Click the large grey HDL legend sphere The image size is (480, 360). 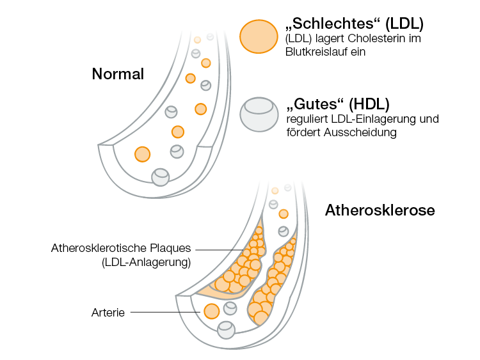(x=259, y=114)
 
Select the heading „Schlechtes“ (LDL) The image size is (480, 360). (x=353, y=25)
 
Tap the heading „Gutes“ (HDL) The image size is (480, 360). (x=339, y=105)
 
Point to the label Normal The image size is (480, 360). (x=118, y=74)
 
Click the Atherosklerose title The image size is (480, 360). (x=380, y=210)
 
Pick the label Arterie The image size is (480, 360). (x=109, y=313)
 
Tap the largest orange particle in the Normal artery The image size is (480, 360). (x=142, y=154)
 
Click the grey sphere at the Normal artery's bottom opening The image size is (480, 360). (x=160, y=176)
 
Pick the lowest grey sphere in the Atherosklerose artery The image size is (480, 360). (x=225, y=329)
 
